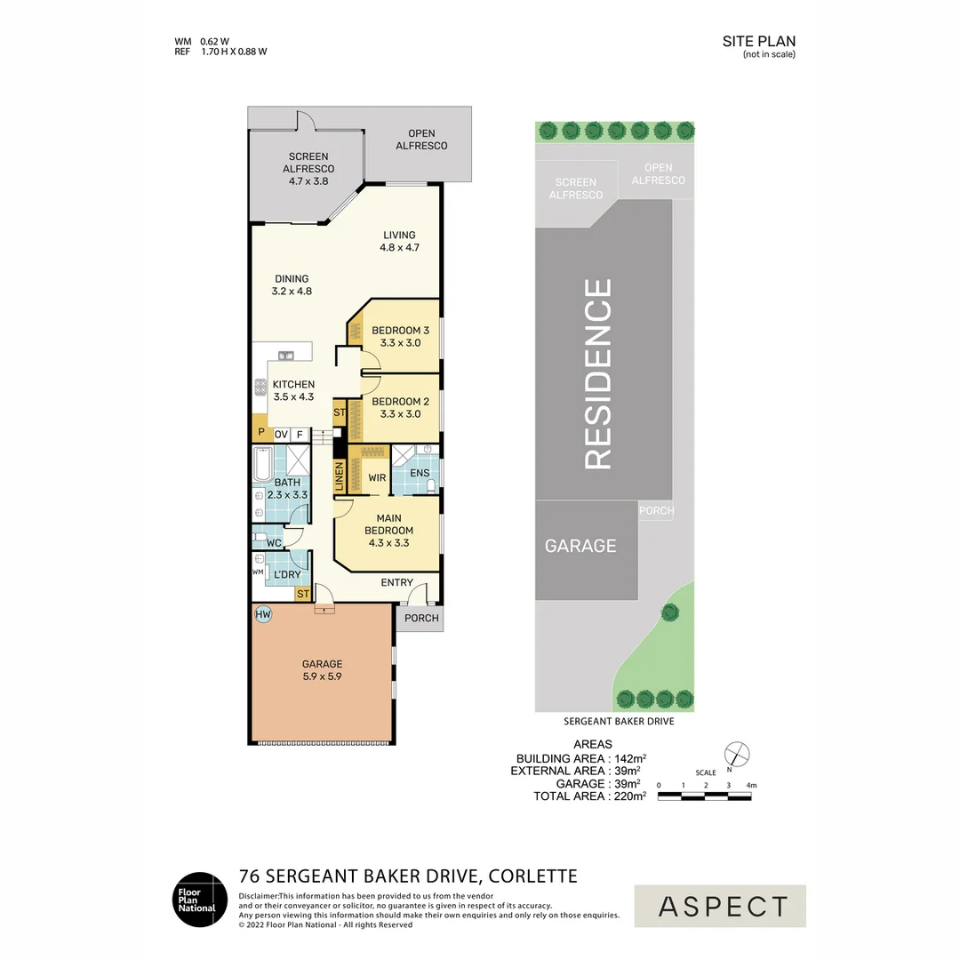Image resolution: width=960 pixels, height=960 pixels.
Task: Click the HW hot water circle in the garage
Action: click(262, 614)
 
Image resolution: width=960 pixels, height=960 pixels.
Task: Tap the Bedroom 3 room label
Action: click(400, 331)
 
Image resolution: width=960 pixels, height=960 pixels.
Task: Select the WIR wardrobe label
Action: click(377, 477)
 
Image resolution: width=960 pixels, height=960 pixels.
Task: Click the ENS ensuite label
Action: click(420, 473)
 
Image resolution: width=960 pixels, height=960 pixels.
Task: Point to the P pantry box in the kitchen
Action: click(261, 432)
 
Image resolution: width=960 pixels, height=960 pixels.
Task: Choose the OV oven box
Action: click(281, 435)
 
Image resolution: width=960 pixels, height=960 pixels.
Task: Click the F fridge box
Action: click(300, 435)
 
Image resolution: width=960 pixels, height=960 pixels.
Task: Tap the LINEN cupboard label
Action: click(340, 476)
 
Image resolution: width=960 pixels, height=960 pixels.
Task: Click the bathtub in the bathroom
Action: click(262, 465)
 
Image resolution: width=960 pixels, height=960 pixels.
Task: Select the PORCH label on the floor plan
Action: click(421, 618)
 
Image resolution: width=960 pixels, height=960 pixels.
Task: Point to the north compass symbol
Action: click(737, 755)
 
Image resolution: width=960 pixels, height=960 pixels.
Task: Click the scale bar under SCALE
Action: click(705, 796)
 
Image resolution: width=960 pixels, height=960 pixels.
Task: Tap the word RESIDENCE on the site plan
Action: click(598, 374)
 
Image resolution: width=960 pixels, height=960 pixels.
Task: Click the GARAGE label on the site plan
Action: click(580, 546)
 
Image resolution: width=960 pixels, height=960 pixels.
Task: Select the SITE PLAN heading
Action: click(758, 41)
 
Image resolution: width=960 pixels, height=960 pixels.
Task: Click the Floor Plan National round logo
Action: click(200, 900)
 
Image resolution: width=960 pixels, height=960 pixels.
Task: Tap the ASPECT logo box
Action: click(720, 906)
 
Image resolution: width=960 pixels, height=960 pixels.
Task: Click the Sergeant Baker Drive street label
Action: click(619, 721)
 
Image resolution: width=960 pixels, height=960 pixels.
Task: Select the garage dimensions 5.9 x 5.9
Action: click(322, 676)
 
